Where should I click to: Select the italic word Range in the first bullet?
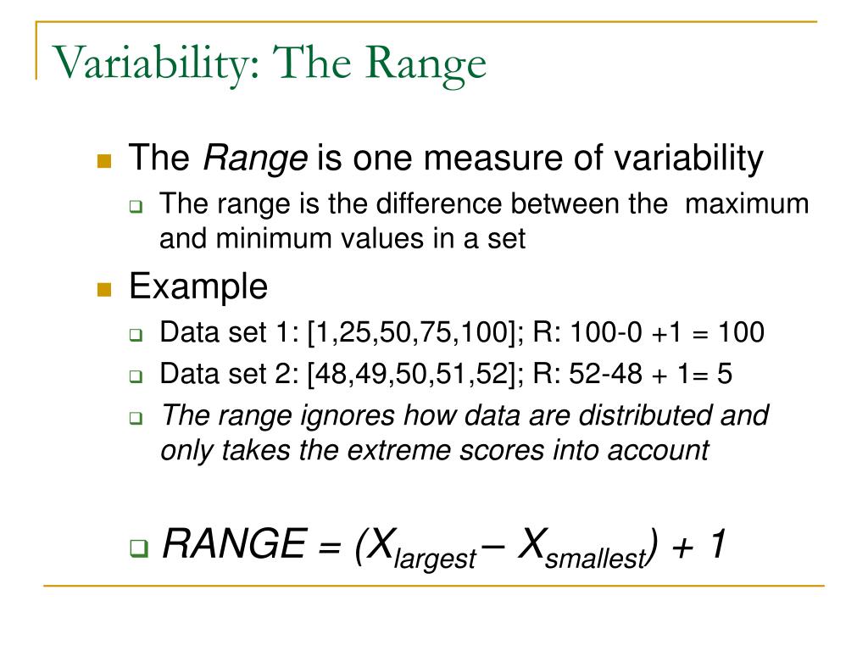click(257, 158)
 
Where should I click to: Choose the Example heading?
click(198, 287)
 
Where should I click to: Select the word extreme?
click(422, 450)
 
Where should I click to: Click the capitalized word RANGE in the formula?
click(233, 544)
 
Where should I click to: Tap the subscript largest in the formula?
click(439, 559)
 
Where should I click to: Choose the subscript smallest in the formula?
click(596, 559)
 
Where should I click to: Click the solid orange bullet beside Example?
click(104, 289)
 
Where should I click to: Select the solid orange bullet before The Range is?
click(104, 159)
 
